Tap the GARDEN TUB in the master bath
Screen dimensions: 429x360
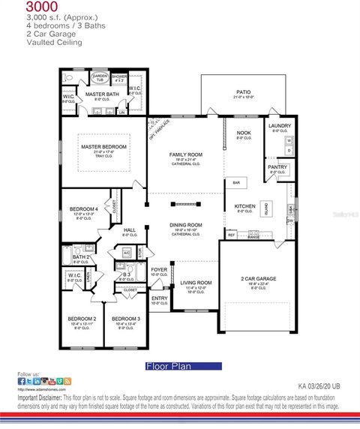click(100, 77)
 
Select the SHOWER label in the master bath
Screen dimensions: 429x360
click(119, 76)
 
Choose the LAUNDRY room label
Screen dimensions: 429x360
click(279, 126)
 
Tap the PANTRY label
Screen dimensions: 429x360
click(277, 167)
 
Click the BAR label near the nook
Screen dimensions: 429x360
click(236, 182)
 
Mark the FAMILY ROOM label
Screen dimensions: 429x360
click(186, 154)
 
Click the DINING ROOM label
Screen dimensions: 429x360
click(185, 225)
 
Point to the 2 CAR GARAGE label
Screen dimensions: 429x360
click(258, 278)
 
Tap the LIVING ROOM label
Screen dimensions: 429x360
click(196, 283)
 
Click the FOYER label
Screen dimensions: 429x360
click(160, 269)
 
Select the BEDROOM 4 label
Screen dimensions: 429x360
click(83, 208)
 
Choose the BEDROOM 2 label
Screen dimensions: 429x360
click(82, 319)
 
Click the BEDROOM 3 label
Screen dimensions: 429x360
click(126, 319)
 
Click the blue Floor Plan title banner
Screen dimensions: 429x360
click(183, 367)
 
